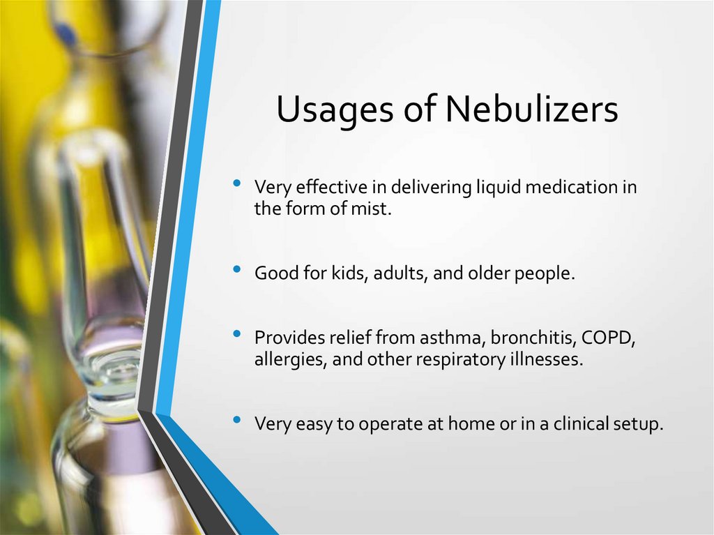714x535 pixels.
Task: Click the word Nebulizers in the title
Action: (532, 110)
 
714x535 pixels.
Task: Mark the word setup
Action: (637, 424)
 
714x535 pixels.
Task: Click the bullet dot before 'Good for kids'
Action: (238, 269)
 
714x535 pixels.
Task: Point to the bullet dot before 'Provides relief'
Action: (238, 335)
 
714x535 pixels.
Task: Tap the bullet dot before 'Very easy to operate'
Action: (238, 420)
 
